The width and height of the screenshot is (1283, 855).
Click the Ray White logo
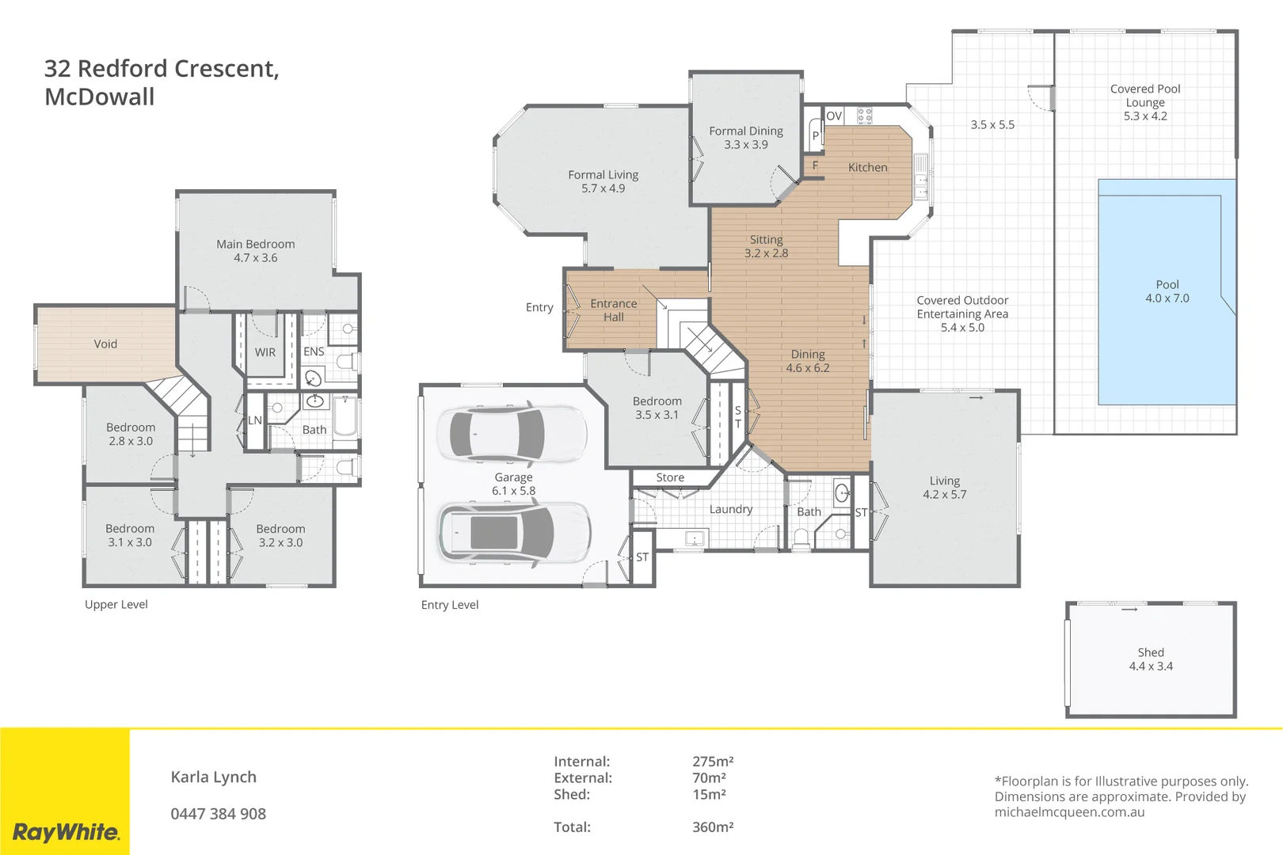point(67,832)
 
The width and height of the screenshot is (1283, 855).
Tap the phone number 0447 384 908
point(219,814)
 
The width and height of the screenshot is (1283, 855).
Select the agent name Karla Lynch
point(214,777)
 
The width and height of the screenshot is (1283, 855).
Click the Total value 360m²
point(713,826)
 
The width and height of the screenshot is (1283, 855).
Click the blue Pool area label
point(1167,291)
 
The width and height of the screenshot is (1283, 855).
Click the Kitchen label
point(867,167)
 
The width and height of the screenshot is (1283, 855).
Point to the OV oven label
point(834,116)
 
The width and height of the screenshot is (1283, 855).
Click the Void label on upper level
point(105,344)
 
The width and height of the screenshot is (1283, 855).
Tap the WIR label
point(265,352)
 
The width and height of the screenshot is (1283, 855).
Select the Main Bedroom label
point(255,250)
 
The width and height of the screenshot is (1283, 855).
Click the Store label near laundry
point(670,477)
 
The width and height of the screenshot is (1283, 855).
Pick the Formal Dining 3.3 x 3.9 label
point(746,137)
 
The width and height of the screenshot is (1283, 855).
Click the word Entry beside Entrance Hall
point(539,307)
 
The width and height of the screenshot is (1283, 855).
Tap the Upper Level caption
point(116,604)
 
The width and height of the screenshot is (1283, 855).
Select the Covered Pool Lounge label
point(1145,102)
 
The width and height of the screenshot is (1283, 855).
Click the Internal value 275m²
point(713,761)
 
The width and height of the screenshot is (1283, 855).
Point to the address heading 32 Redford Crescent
point(162,69)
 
